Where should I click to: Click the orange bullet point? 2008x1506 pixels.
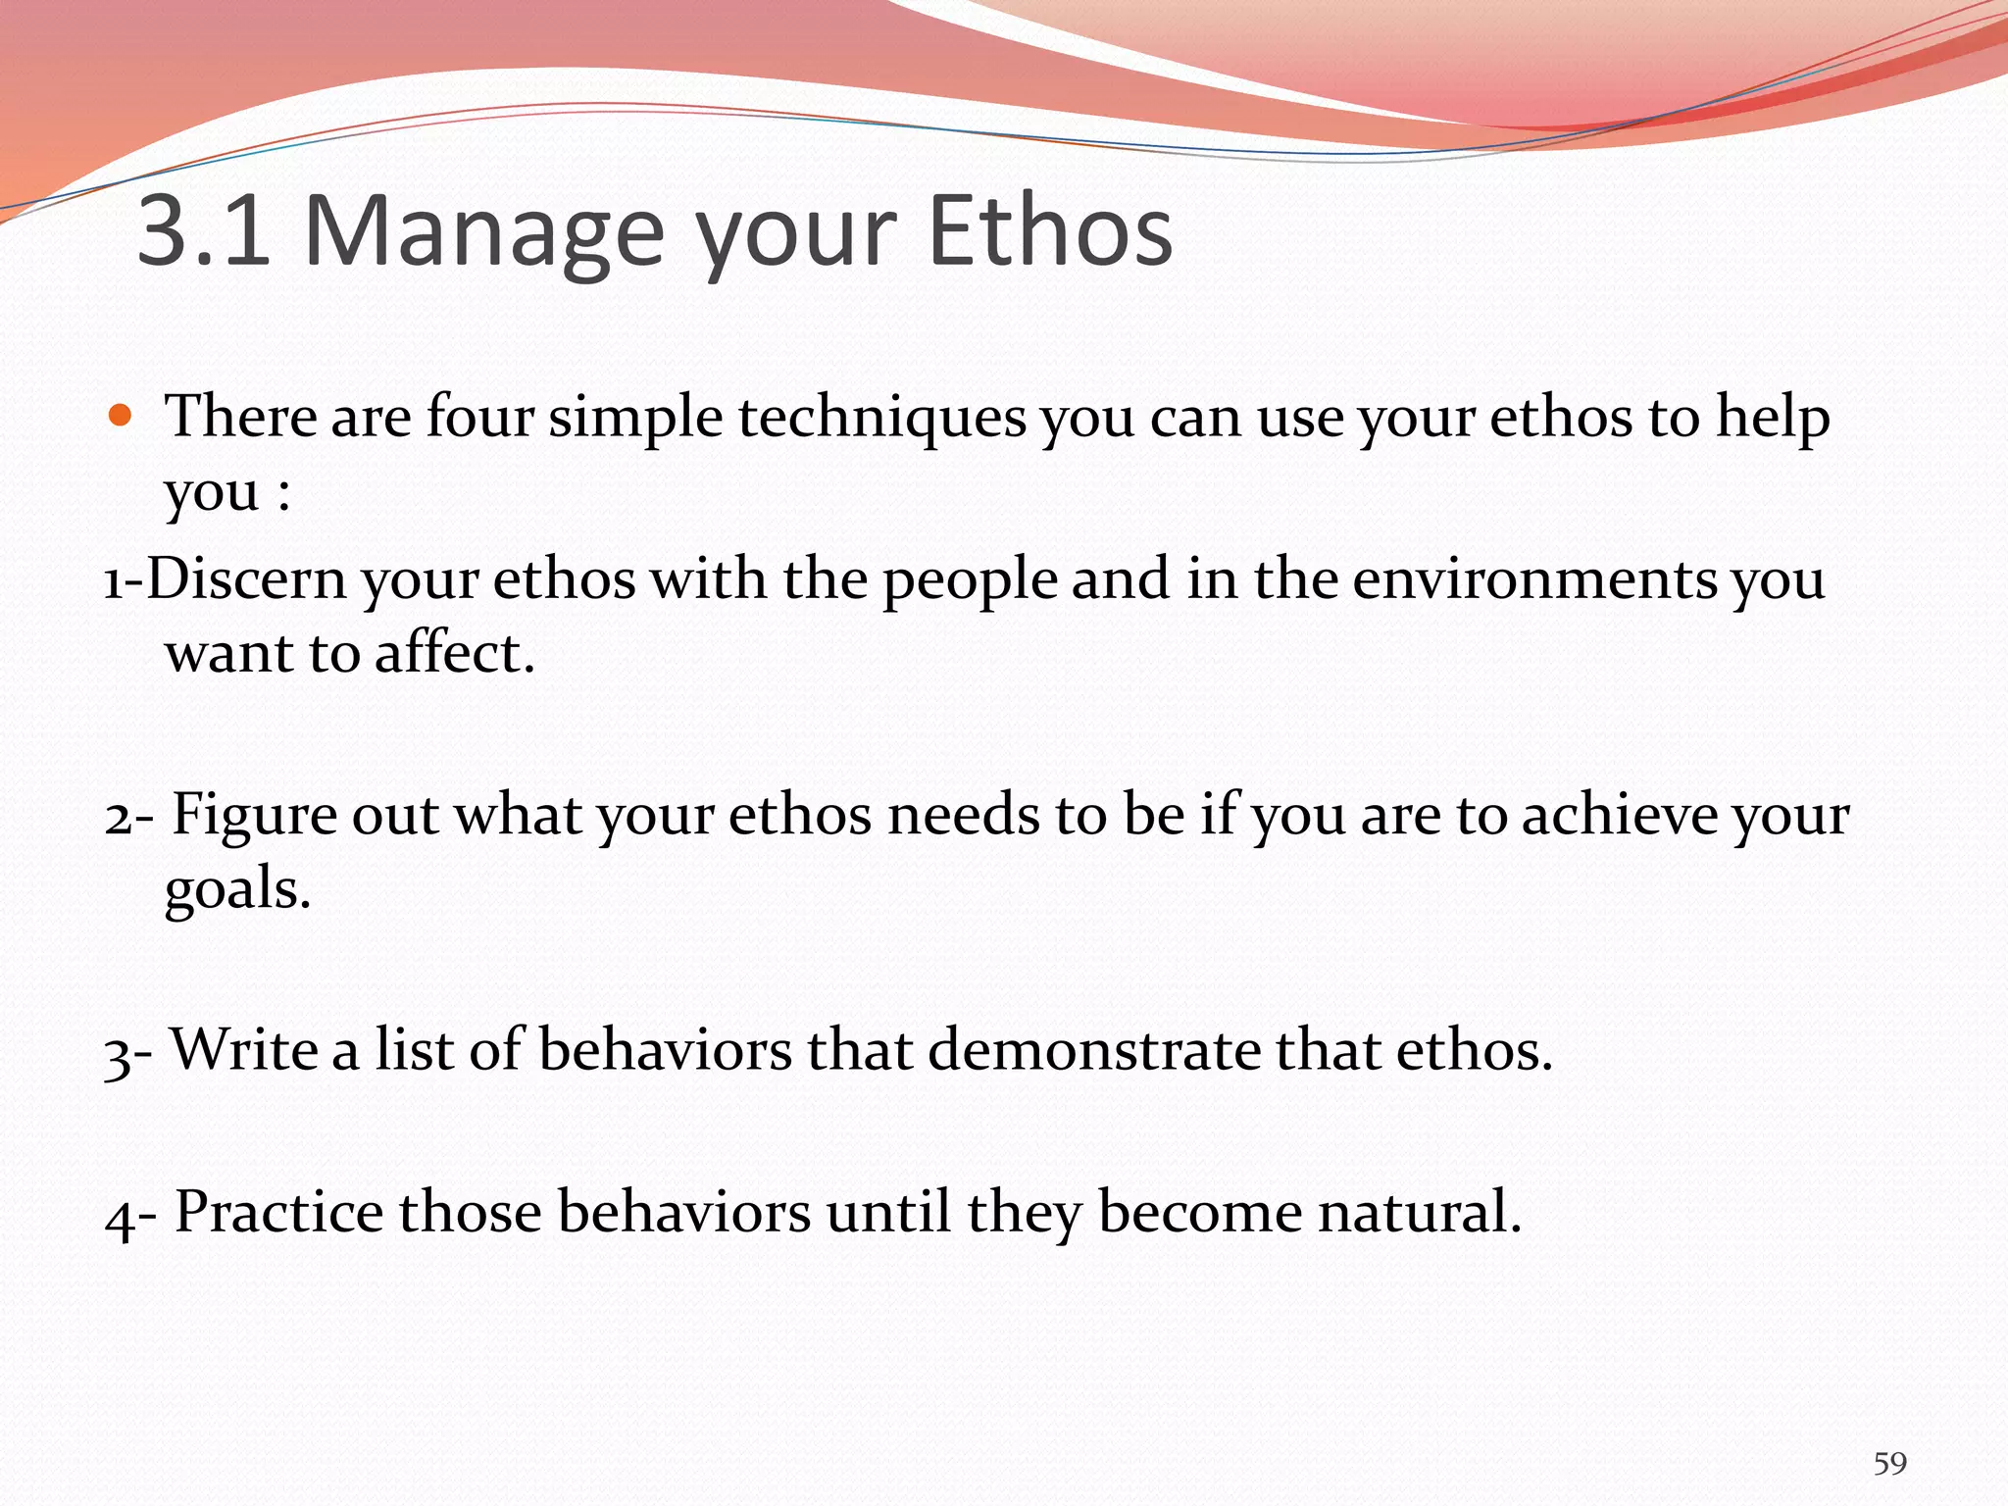pyautogui.click(x=120, y=416)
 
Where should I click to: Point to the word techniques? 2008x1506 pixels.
pyautogui.click(x=881, y=418)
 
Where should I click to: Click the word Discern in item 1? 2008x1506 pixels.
pyautogui.click(x=246, y=578)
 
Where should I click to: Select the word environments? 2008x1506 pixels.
pyautogui.click(x=1534, y=578)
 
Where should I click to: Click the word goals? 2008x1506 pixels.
pyautogui.click(x=236, y=890)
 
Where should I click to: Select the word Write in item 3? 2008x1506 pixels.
pyautogui.click(x=244, y=1050)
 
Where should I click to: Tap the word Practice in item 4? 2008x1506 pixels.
pyautogui.click(x=278, y=1212)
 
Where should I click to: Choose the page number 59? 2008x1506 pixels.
pyautogui.click(x=1889, y=1464)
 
